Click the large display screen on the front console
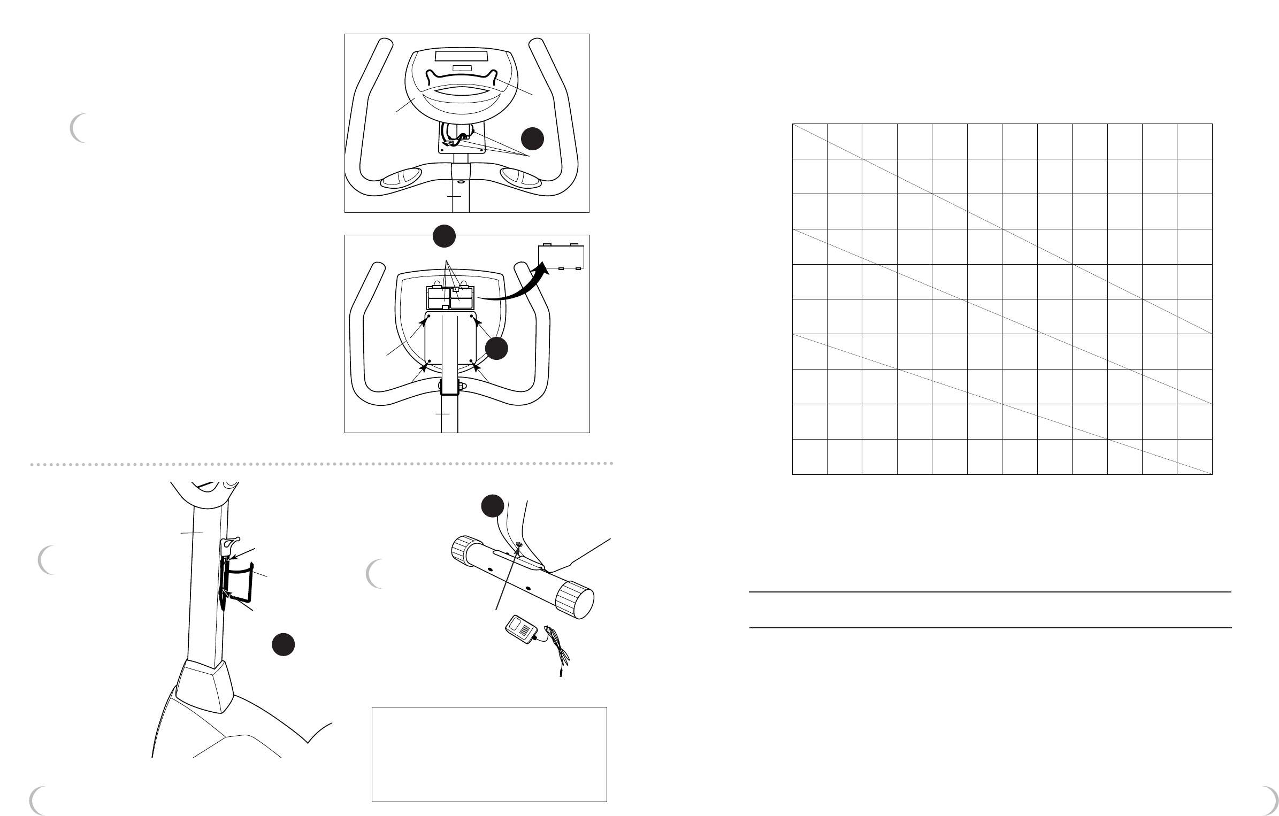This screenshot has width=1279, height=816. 461,57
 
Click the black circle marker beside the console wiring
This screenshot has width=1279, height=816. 533,138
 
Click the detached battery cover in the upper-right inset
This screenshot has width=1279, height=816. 561,257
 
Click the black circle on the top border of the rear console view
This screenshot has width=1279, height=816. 444,236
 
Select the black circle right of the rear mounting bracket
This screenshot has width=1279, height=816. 496,348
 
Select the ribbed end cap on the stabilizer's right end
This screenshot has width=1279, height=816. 575,603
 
